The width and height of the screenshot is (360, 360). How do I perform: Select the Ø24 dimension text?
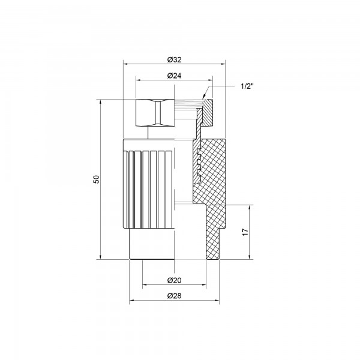pyautogui.click(x=174, y=75)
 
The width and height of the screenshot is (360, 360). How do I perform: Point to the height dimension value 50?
pyautogui.click(x=96, y=180)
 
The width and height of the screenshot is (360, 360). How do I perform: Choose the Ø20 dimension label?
pyautogui.click(x=174, y=280)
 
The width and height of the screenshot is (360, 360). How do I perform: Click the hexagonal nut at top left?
pyautogui.click(x=154, y=112)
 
